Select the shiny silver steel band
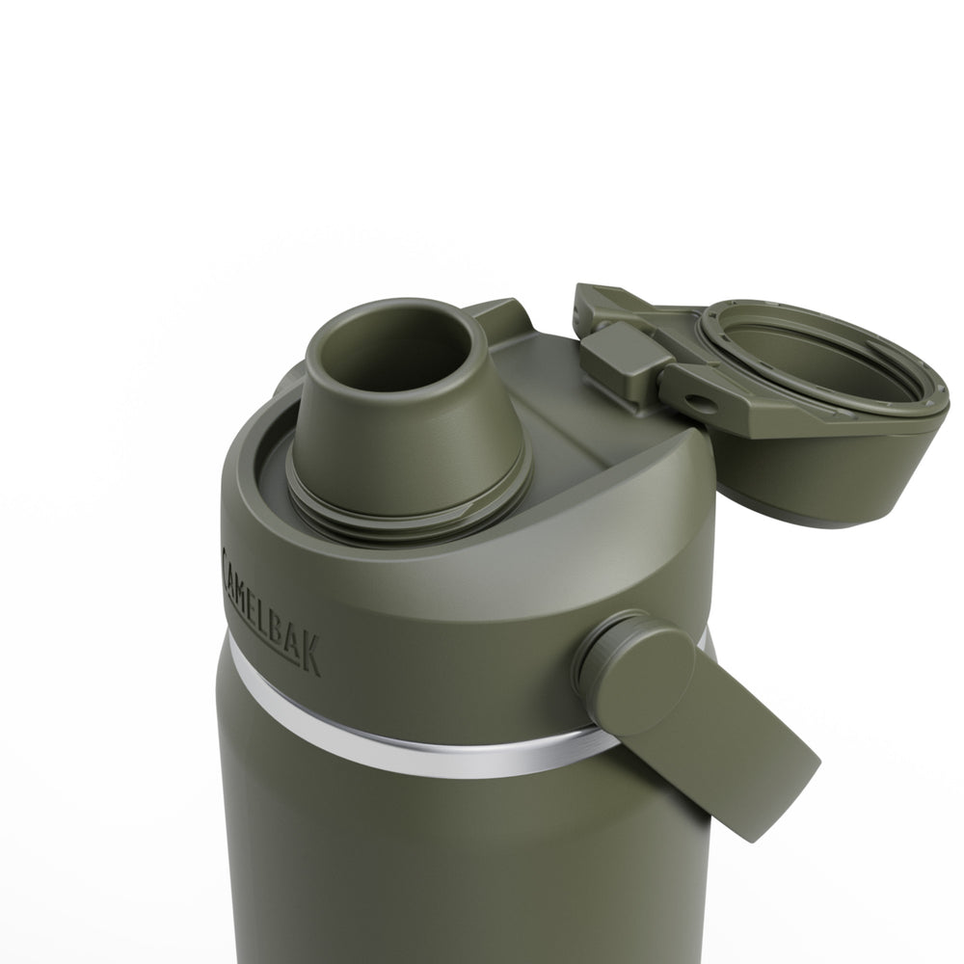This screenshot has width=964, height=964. click(x=405, y=747)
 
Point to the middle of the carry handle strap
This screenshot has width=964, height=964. click(x=704, y=723)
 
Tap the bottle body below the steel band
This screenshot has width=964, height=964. click(x=434, y=868)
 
